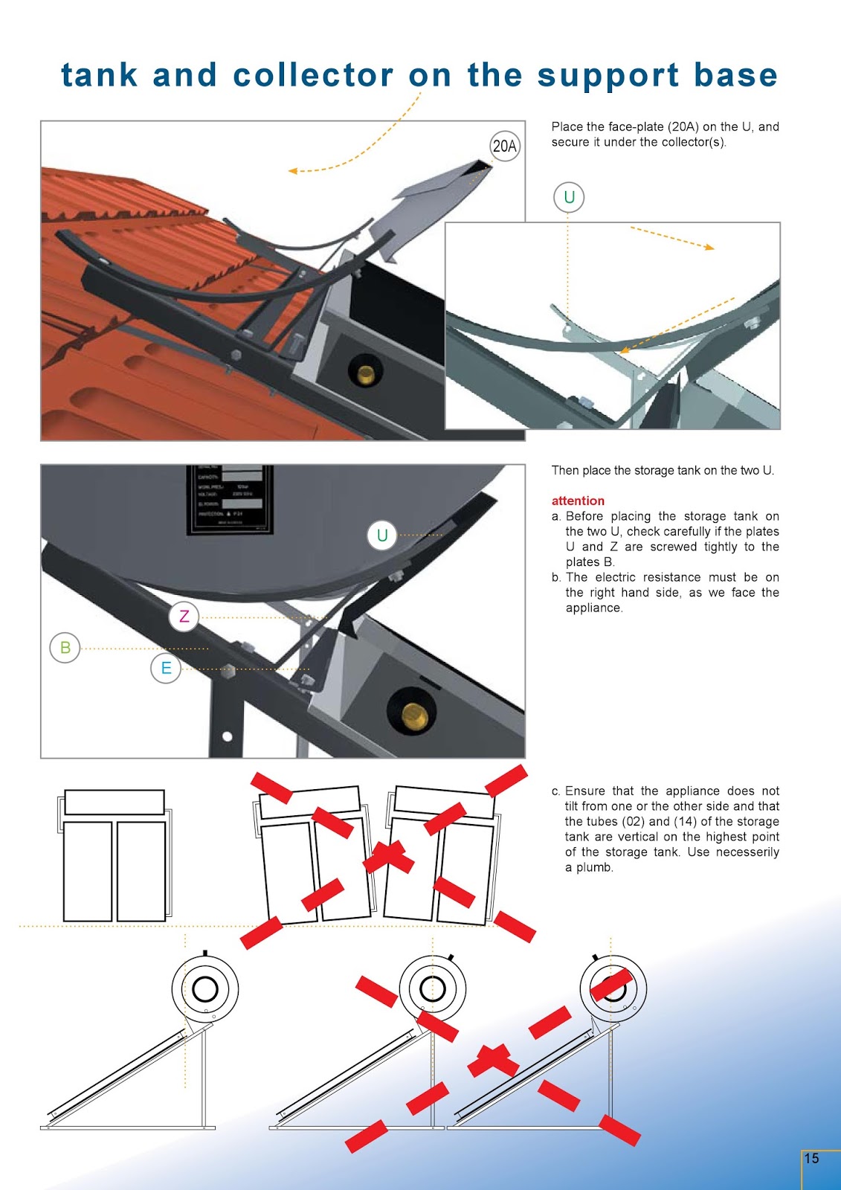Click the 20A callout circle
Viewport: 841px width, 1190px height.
[x=505, y=146]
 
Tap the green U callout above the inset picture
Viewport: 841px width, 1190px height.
[x=569, y=197]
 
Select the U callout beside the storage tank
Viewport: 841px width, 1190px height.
[x=382, y=535]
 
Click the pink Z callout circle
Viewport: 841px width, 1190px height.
[x=184, y=617]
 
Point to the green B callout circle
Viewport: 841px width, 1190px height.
[x=65, y=648]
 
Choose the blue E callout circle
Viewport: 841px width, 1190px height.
[x=166, y=668]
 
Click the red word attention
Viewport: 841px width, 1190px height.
[x=578, y=501]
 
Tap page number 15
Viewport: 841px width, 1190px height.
[x=811, y=1158]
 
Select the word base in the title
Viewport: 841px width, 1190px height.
[x=735, y=75]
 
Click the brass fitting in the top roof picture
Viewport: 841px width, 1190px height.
[x=366, y=373]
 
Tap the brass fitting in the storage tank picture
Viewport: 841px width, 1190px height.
[x=414, y=715]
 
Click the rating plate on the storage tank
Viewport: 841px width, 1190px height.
[x=230, y=499]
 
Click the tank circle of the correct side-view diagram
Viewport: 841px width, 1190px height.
[x=205, y=988]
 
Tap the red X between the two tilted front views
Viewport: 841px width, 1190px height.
[x=387, y=856]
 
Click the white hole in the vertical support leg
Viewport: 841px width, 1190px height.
[x=228, y=736]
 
